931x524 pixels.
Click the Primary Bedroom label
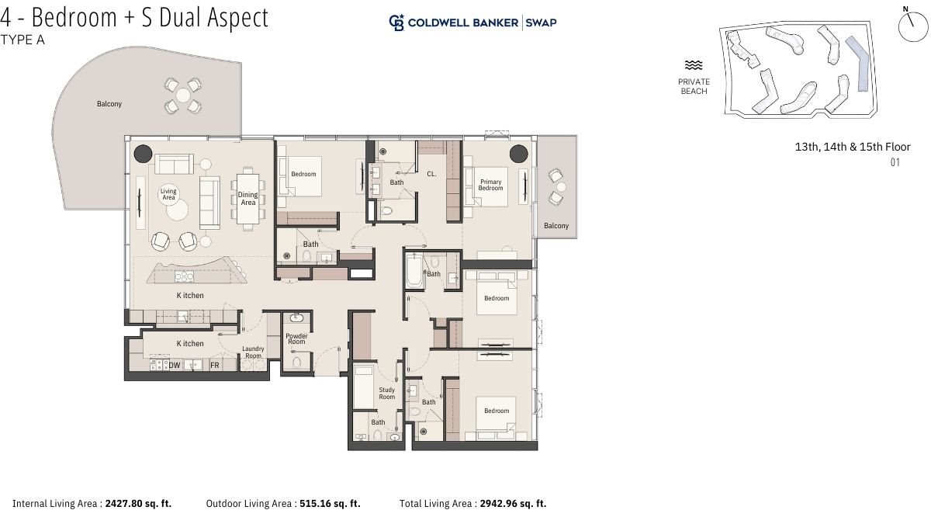pyautogui.click(x=490, y=185)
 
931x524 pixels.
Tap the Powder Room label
pyautogui.click(x=296, y=338)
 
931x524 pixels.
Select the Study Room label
pyautogui.click(x=387, y=393)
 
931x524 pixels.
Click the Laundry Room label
pyautogui.click(x=253, y=352)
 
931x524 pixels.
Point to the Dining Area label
pyautogui.click(x=247, y=199)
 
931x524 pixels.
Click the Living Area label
pyautogui.click(x=168, y=194)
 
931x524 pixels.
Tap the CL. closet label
pyautogui.click(x=431, y=174)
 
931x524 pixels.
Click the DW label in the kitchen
pyautogui.click(x=175, y=365)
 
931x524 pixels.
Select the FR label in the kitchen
pyautogui.click(x=214, y=365)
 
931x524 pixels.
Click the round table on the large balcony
pyautogui.click(x=183, y=95)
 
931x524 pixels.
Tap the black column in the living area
pyautogui.click(x=143, y=154)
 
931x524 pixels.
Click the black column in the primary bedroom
pyautogui.click(x=519, y=154)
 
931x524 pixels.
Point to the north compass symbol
pyautogui.click(x=912, y=25)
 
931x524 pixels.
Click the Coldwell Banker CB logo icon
pyautogui.click(x=396, y=23)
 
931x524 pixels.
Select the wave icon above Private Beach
pyautogui.click(x=694, y=65)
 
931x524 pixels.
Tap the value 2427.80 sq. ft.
pyautogui.click(x=138, y=504)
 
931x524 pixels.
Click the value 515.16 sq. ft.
pyautogui.click(x=330, y=504)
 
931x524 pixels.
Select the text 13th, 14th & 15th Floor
pyautogui.click(x=853, y=147)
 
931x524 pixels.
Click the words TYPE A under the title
pyautogui.click(x=22, y=40)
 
